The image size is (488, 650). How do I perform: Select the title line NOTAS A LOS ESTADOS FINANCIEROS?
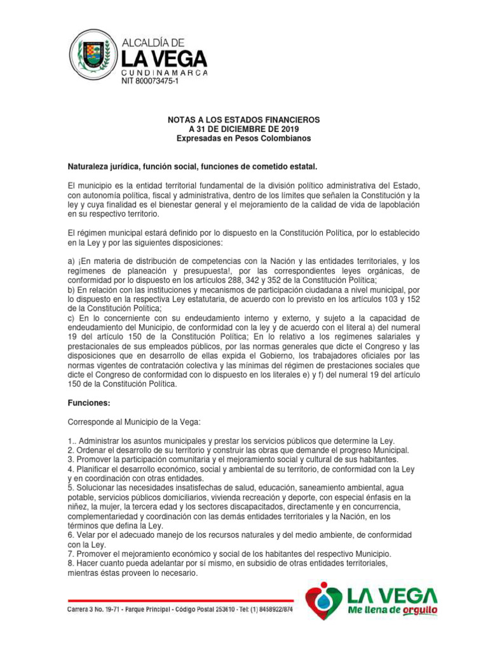tap(243, 120)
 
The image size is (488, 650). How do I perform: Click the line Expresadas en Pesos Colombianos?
tap(243, 138)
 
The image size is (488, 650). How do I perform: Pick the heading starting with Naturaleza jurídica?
tap(192, 166)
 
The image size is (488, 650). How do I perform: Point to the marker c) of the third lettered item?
tap(72, 317)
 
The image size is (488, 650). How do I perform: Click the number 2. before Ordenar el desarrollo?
tap(71, 450)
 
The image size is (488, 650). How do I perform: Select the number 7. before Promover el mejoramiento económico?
tap(71, 554)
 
